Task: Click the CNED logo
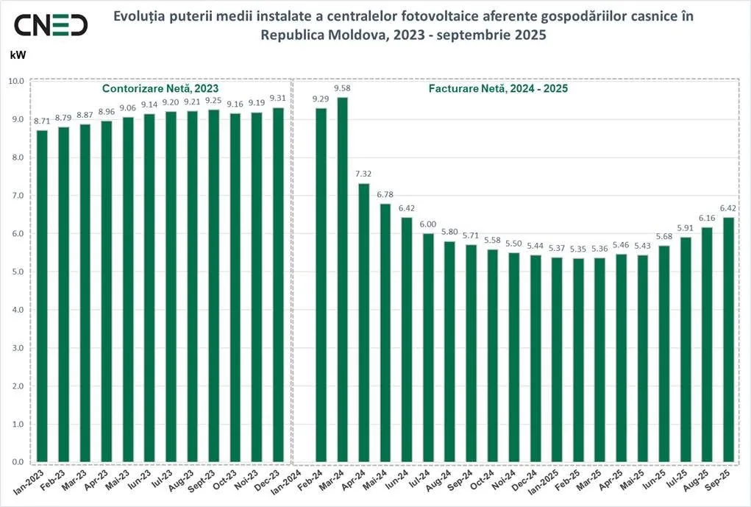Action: click(x=51, y=25)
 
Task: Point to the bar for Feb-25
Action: click(x=578, y=360)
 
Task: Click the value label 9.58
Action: click(x=342, y=89)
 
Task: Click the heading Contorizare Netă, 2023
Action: click(x=160, y=88)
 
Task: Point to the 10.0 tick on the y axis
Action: click(x=15, y=81)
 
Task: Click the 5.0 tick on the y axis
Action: click(x=16, y=272)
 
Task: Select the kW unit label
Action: click(x=17, y=54)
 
